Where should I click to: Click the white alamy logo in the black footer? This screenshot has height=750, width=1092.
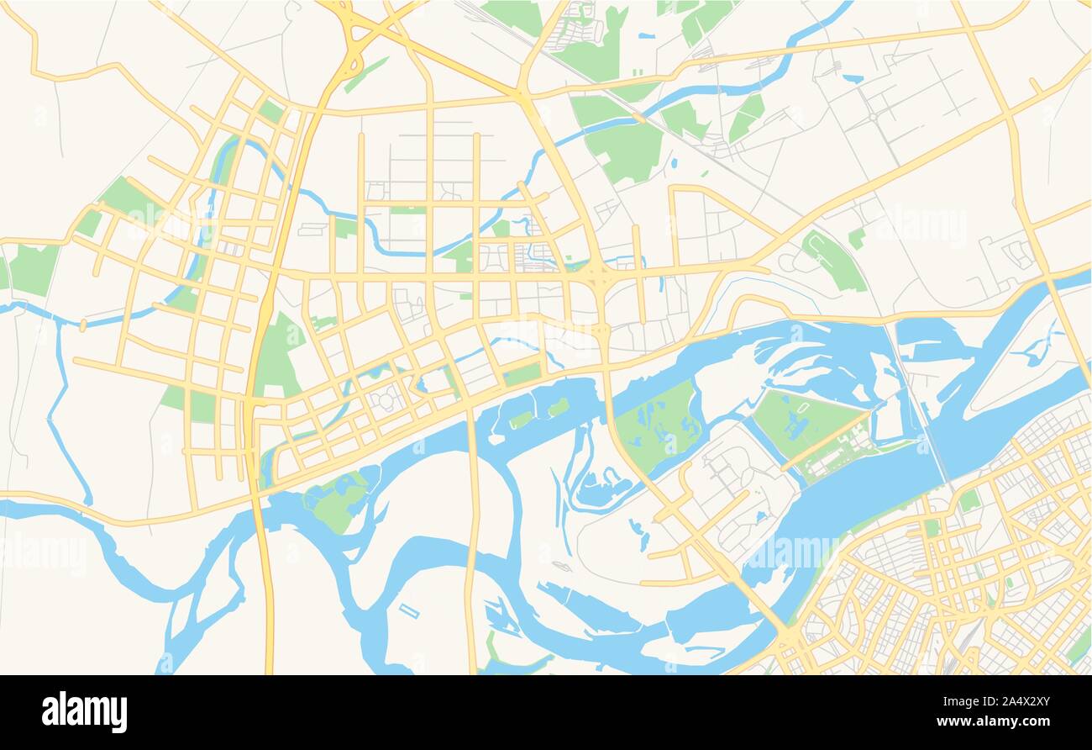[84, 711]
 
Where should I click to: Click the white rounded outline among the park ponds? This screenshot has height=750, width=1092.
[803, 408]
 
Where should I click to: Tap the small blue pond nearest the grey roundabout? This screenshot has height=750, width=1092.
[852, 79]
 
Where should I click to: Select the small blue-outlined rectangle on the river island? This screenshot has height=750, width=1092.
[409, 610]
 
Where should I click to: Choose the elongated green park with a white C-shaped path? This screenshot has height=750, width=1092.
[832, 260]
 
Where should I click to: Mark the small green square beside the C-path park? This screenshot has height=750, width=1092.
[856, 238]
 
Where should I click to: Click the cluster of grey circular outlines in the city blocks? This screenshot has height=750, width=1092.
[387, 400]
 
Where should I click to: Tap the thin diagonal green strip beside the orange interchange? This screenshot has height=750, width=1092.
[366, 74]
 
